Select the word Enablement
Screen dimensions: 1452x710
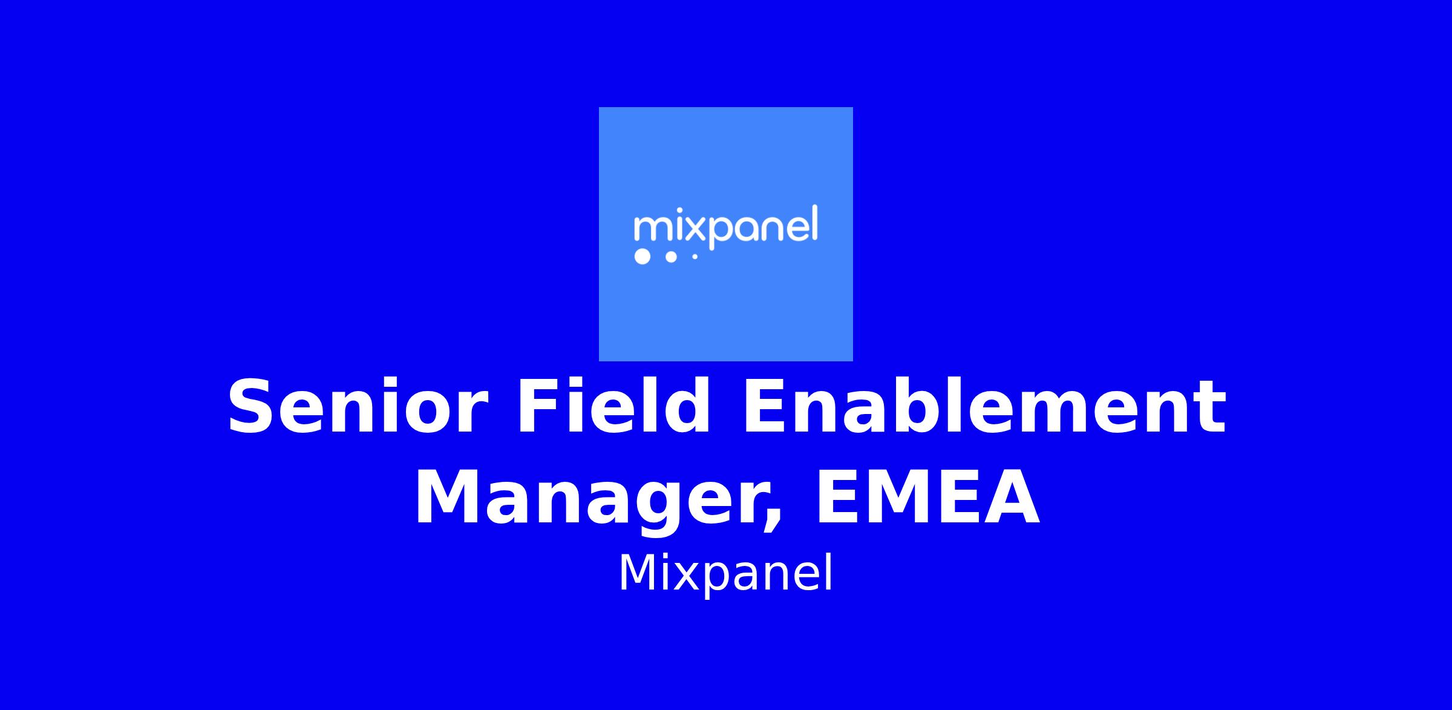984,404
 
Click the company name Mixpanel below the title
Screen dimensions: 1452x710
725,574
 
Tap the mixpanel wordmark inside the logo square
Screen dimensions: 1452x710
725,227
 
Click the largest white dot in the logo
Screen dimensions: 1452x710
642,257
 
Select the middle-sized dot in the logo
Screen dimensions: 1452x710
670,257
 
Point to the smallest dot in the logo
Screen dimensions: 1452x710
695,257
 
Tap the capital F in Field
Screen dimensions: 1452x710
539,406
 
